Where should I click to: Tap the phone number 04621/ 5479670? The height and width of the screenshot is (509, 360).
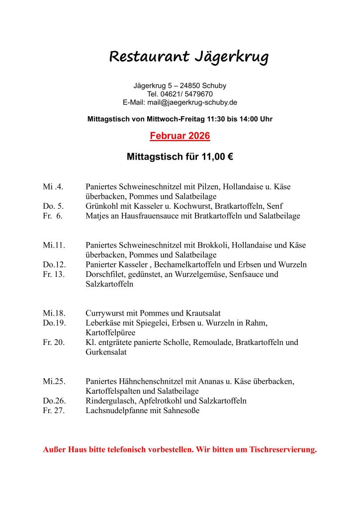point(188,94)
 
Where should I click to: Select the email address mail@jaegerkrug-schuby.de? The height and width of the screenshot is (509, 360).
point(192,102)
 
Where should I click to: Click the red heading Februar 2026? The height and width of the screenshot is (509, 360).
point(180,136)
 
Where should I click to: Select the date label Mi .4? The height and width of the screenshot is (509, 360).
point(53,187)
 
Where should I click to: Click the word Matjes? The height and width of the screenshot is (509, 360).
point(97,216)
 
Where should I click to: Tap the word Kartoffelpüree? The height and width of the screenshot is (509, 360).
point(110,333)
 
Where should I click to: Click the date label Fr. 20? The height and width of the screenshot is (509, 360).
point(54,342)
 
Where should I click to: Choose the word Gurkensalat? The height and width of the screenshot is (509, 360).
point(106,352)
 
